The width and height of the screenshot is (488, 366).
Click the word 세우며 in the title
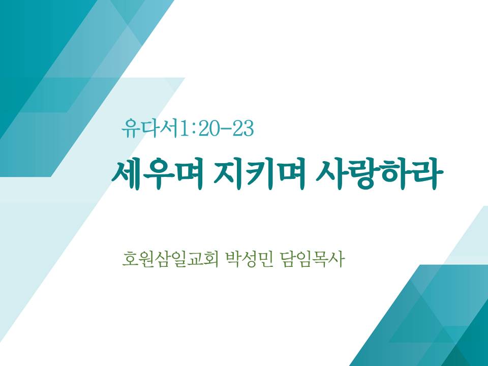[x=158, y=174]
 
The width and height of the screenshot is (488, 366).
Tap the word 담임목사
[x=312, y=259]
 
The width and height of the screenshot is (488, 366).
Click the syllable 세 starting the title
[x=127, y=174]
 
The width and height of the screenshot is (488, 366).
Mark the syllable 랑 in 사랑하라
[x=363, y=174]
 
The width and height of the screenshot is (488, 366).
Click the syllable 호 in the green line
[x=130, y=259]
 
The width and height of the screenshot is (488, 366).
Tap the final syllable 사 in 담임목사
[x=337, y=259]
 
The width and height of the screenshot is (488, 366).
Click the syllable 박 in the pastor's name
[x=232, y=259]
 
